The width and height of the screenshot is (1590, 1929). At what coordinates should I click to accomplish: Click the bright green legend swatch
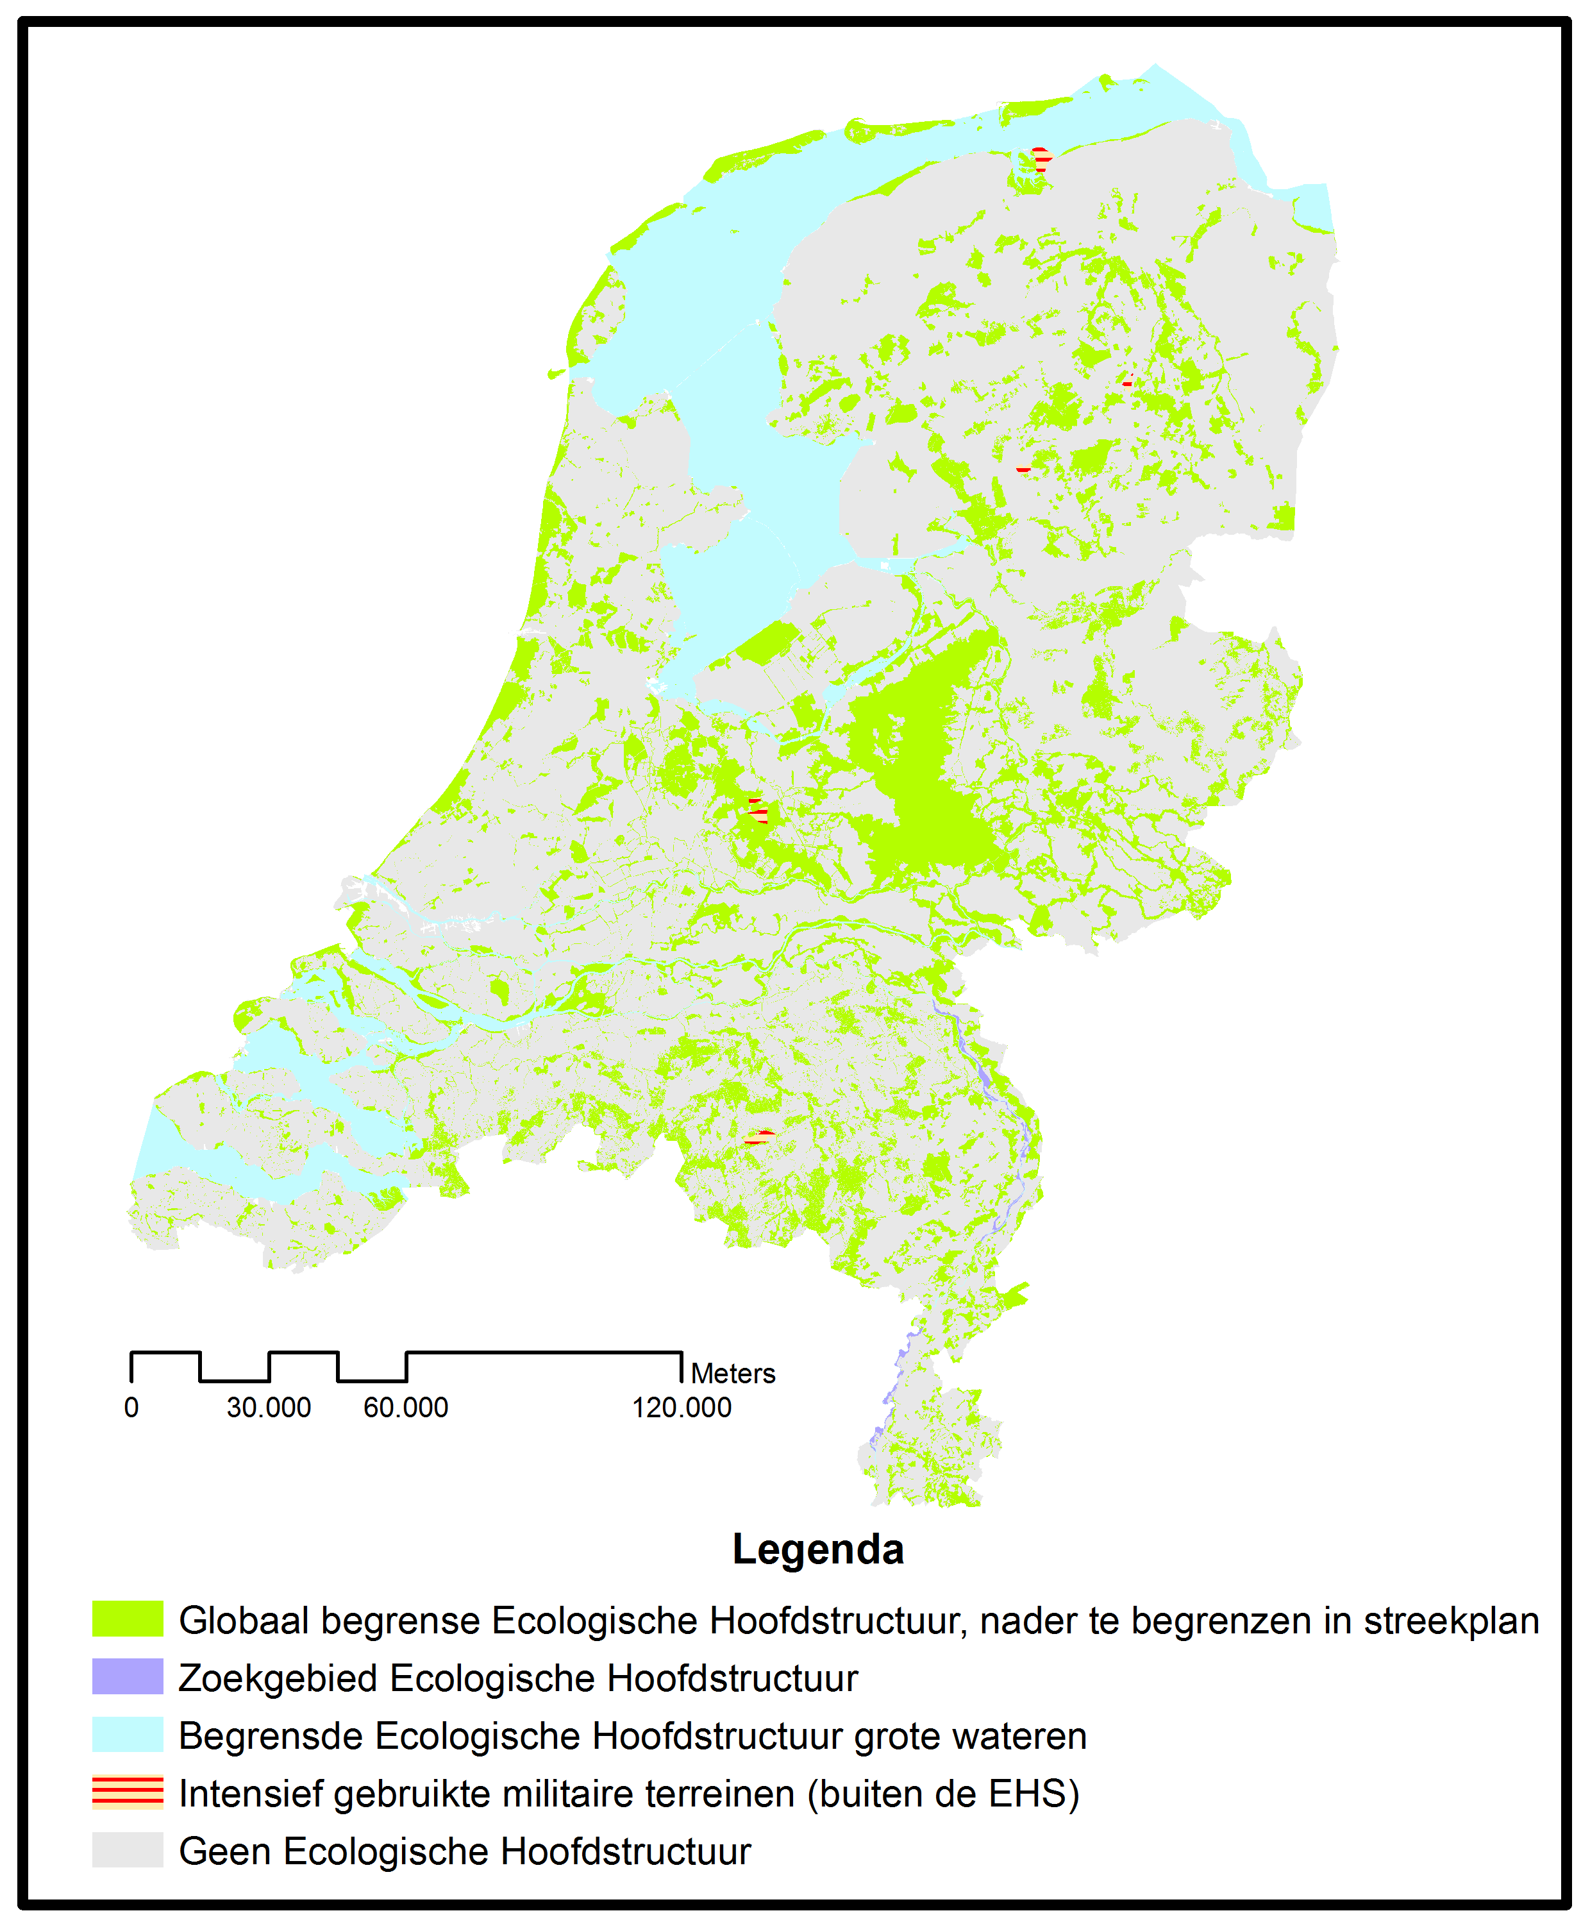[x=128, y=1619]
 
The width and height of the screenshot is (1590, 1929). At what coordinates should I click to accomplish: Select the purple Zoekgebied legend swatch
[x=128, y=1676]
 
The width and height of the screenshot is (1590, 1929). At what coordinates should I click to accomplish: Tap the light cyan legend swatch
[x=128, y=1734]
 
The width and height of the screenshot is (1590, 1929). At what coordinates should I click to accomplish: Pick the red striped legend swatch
[x=128, y=1792]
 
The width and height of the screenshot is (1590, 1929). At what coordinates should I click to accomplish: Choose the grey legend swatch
[x=128, y=1849]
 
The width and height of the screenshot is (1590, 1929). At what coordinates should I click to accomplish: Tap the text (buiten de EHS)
[x=943, y=1794]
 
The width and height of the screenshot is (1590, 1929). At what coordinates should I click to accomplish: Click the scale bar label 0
[x=131, y=1408]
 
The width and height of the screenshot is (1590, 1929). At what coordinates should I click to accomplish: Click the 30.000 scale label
[x=269, y=1408]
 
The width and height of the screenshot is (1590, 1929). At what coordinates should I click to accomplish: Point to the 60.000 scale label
[x=406, y=1408]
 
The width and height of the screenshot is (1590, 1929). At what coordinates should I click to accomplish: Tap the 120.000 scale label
[x=682, y=1408]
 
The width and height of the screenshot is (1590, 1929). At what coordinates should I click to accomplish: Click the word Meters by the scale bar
[x=733, y=1373]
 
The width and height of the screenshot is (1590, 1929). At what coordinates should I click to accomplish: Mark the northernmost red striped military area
[x=1041, y=160]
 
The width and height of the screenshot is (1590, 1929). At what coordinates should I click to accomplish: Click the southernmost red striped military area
[x=759, y=1138]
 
